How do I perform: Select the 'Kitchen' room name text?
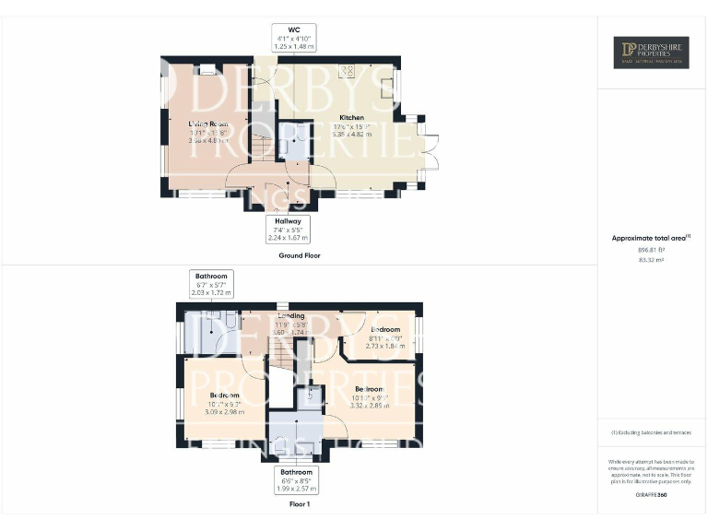click(351, 118)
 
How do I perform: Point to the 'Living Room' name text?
click(208, 123)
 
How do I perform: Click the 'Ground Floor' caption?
click(300, 255)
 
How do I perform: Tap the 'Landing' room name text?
click(291, 316)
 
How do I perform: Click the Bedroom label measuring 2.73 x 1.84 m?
click(385, 329)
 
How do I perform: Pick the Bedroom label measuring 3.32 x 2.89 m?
click(369, 389)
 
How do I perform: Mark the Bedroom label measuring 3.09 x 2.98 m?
click(211, 395)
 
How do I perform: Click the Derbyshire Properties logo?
click(652, 53)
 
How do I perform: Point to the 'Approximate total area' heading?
click(650, 239)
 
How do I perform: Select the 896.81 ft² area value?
click(651, 250)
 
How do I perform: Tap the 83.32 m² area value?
click(651, 260)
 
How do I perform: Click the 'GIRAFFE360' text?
click(651, 495)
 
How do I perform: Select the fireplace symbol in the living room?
click(207, 68)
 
